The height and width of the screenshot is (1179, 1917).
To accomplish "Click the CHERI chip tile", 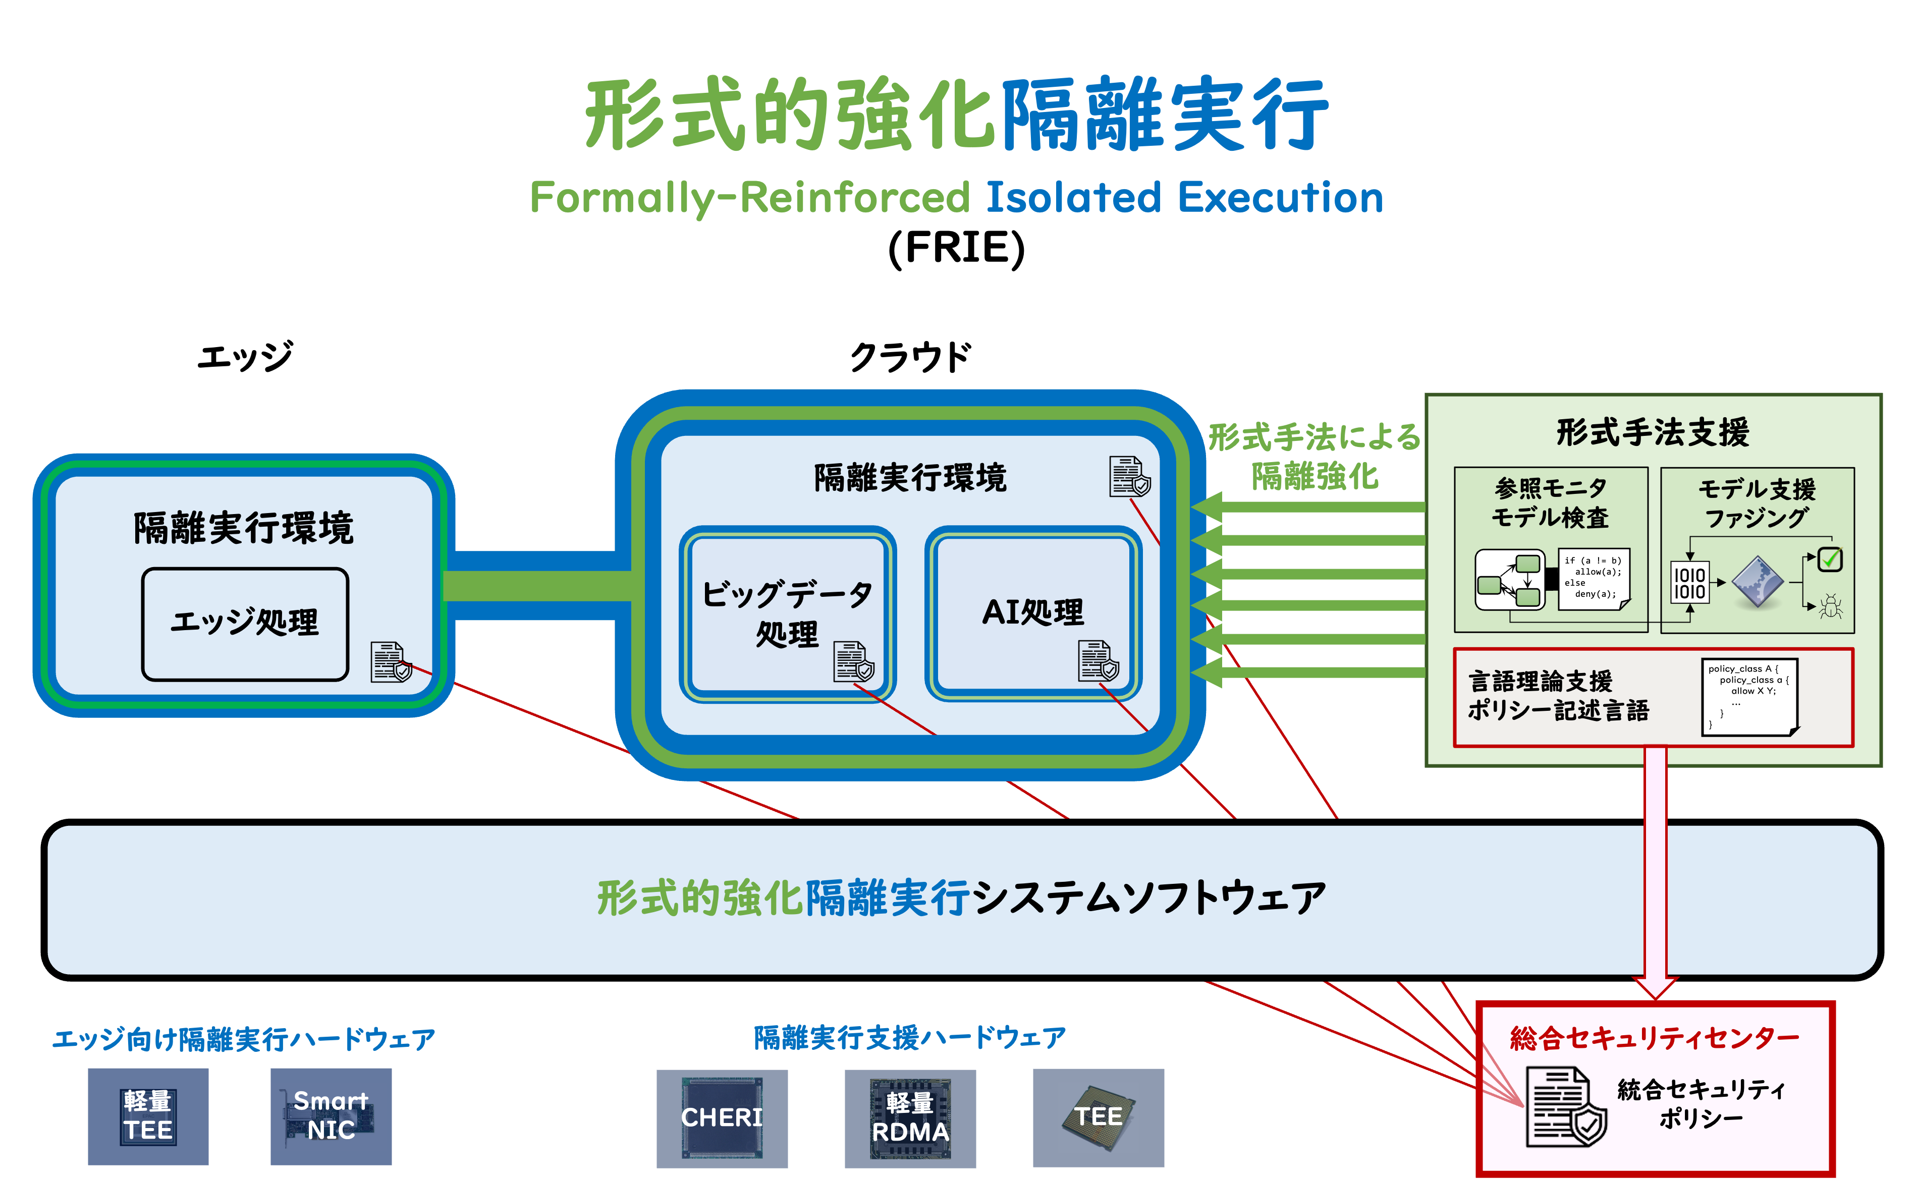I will (722, 1117).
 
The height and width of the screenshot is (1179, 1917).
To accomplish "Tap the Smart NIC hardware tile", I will (331, 1116).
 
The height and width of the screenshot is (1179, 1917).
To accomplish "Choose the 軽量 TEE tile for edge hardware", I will (147, 1116).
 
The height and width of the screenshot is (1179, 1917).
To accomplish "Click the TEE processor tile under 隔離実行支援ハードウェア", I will (1098, 1117).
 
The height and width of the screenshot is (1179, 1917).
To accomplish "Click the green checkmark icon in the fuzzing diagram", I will (1830, 559).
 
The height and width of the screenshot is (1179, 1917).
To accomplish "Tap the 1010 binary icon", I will (1689, 583).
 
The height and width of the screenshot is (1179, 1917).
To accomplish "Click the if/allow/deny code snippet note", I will (1594, 578).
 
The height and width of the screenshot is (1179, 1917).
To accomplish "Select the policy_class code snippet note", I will (1748, 696).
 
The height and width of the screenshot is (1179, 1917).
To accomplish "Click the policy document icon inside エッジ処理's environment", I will (390, 662).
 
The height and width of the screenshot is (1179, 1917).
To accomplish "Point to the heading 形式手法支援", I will (1653, 432).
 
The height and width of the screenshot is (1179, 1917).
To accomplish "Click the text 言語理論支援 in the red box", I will (1540, 681).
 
